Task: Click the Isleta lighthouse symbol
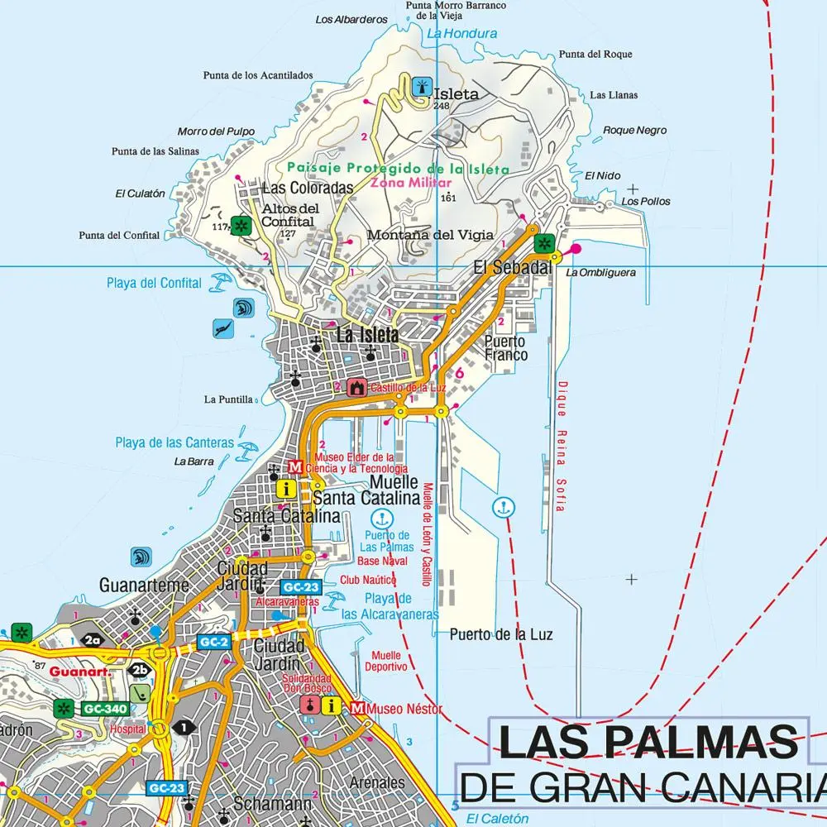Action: [421, 87]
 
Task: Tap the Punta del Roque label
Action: [595, 55]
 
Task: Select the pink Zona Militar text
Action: [411, 183]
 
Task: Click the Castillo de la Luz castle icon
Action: [357, 387]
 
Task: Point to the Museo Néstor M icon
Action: [357, 708]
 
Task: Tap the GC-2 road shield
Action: [213, 642]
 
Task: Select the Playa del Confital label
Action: [154, 283]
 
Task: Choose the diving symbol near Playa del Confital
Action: [222, 329]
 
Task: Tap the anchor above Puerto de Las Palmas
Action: [381, 519]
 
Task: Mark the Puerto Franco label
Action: [505, 348]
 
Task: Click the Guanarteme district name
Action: [144, 585]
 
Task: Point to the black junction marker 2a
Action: [92, 639]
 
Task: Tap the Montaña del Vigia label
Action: [429, 235]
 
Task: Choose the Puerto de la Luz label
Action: [501, 634]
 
